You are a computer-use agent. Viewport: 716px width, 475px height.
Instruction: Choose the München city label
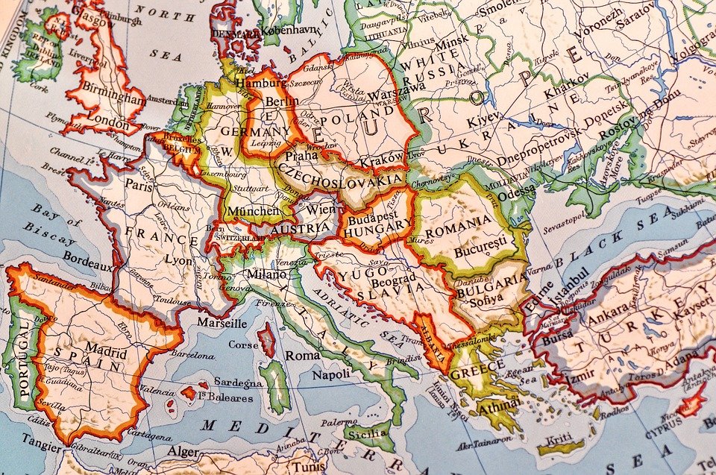click(x=254, y=211)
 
